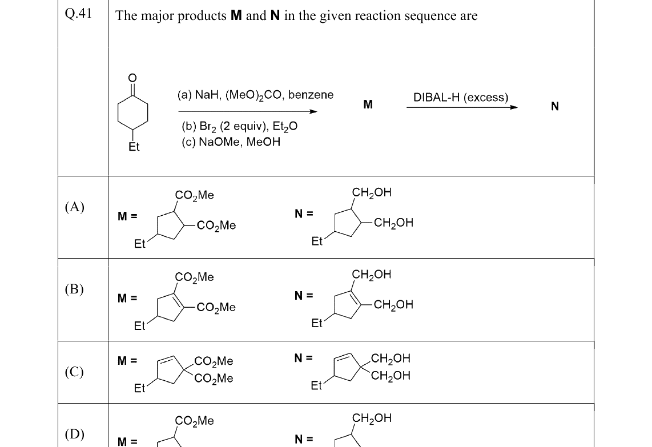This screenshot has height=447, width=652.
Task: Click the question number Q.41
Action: (78, 14)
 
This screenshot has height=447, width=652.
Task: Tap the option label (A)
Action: (74, 207)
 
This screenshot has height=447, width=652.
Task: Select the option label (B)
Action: (74, 288)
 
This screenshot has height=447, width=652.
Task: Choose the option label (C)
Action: (74, 371)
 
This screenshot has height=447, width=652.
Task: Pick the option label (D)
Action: (74, 434)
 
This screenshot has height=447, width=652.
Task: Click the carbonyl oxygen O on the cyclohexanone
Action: (132, 78)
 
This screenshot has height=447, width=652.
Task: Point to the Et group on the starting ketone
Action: (134, 147)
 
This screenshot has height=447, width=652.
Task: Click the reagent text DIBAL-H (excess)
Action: (461, 97)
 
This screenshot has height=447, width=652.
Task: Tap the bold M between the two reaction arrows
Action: (368, 104)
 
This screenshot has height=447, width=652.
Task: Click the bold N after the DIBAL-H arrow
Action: (555, 106)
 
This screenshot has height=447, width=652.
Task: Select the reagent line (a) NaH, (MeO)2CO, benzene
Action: (255, 95)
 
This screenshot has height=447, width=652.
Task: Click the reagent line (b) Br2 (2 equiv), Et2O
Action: (240, 126)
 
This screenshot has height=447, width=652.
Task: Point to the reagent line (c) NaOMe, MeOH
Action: (231, 142)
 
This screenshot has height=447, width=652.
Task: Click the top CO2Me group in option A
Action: (194, 195)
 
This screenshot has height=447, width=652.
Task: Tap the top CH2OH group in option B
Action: (371, 275)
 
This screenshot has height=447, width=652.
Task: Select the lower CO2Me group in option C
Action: (214, 378)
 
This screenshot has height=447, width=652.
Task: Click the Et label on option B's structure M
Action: (140, 326)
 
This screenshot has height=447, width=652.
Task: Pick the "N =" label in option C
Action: (304, 358)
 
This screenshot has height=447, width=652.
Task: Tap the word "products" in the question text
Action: (202, 16)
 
